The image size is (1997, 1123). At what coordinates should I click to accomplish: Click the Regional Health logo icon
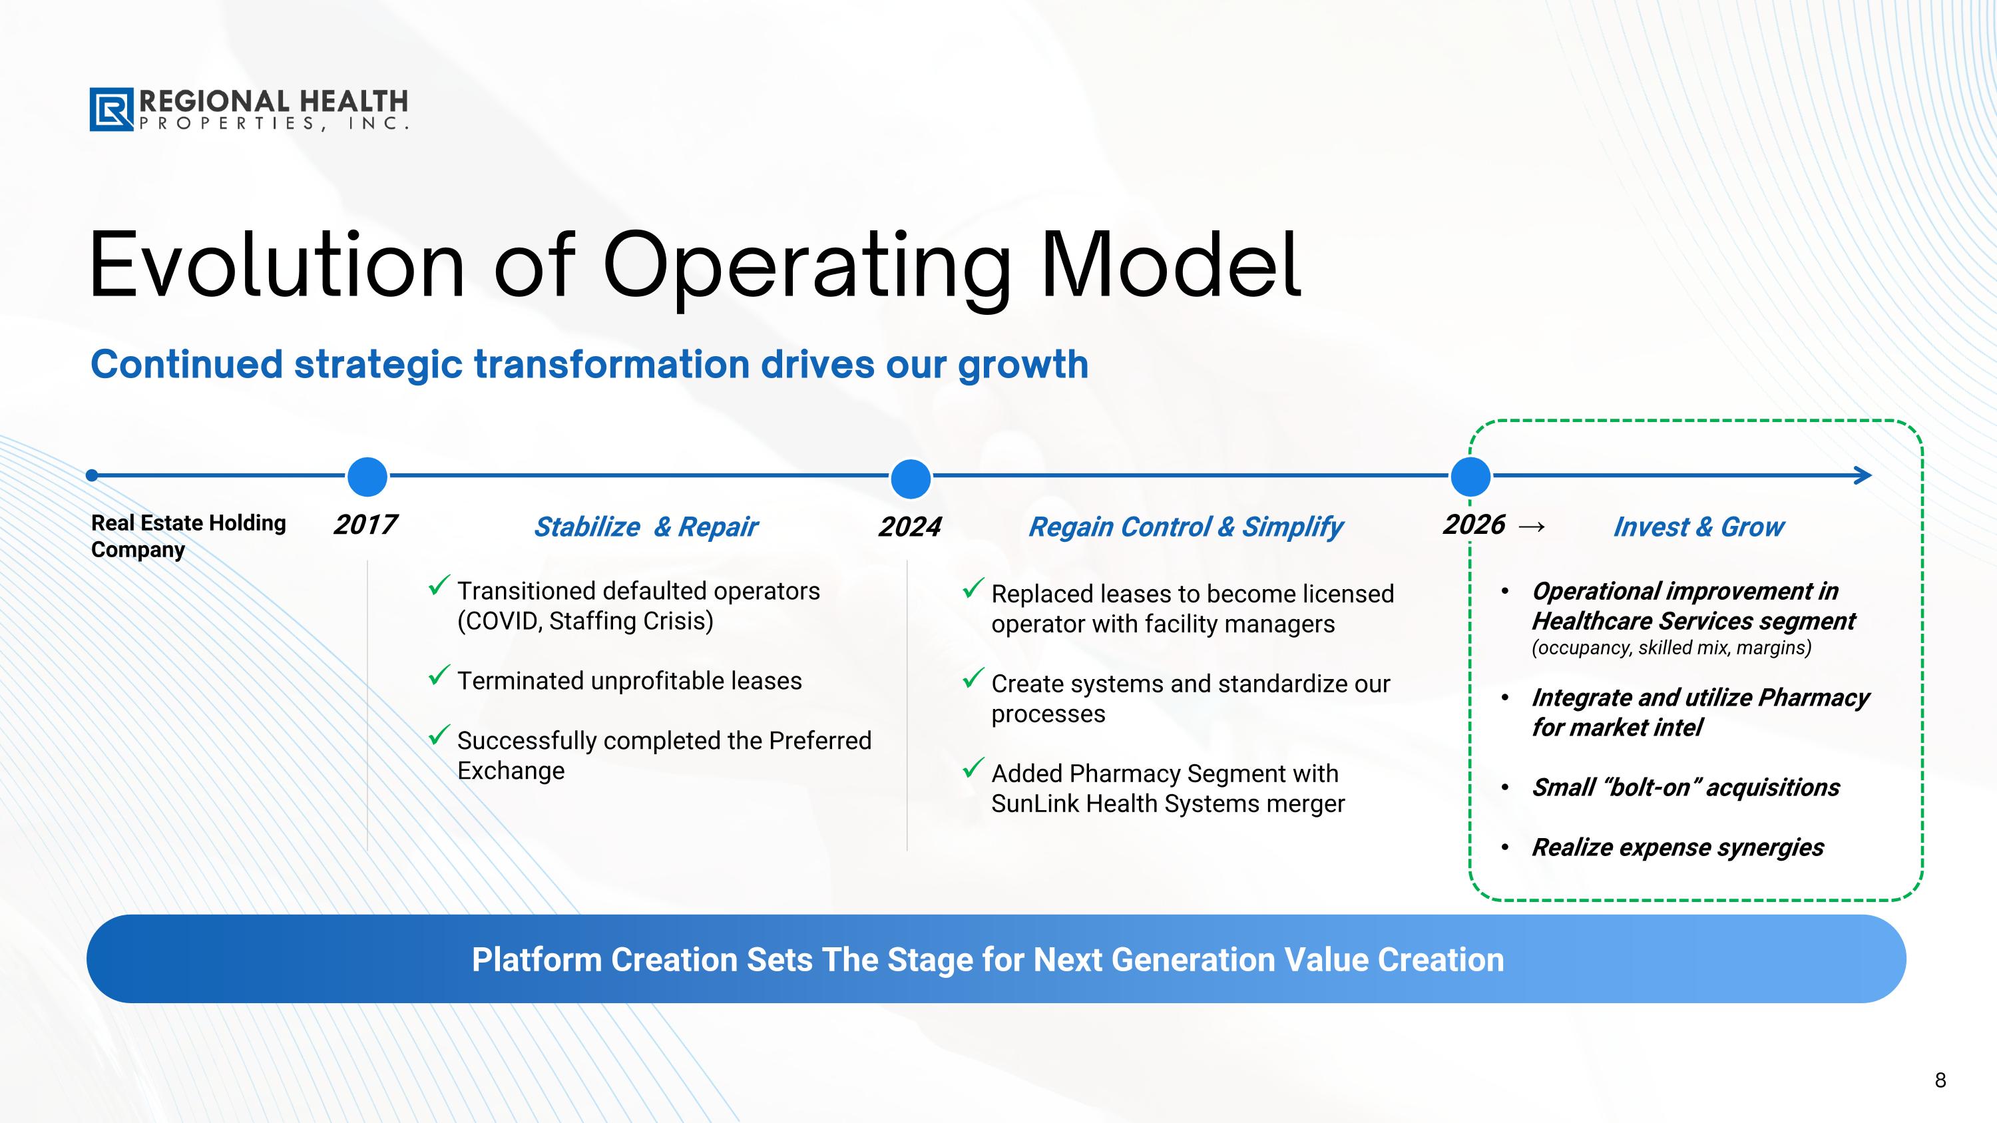[x=112, y=109]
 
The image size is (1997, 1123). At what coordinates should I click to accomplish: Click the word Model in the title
[x=1172, y=265]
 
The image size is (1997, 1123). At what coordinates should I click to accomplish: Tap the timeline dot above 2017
[x=367, y=476]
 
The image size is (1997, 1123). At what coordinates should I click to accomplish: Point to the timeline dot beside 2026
[x=1470, y=476]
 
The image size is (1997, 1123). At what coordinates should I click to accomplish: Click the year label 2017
[x=365, y=525]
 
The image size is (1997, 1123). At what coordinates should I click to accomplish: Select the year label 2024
[x=909, y=527]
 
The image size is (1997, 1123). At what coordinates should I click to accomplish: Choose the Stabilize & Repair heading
[x=646, y=527]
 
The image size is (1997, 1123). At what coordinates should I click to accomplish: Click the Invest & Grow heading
[x=1699, y=527]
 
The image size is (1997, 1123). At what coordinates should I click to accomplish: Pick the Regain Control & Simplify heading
[x=1186, y=527]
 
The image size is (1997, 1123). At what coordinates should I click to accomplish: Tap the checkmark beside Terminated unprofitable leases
[x=439, y=675]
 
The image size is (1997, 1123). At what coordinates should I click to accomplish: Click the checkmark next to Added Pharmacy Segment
[x=973, y=768]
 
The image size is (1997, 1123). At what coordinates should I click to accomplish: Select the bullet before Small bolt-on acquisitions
[x=1504, y=788]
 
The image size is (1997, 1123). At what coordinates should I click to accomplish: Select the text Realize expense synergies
[x=1677, y=848]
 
